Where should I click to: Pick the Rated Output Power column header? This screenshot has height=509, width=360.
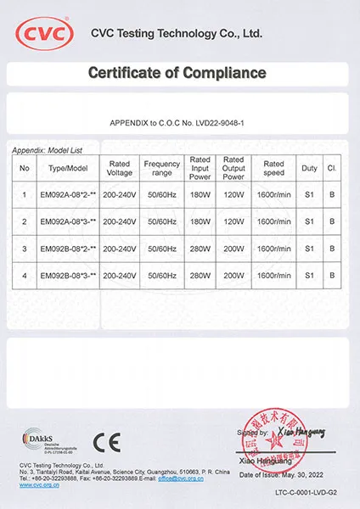(x=233, y=168)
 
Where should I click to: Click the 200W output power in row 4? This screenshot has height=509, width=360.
(x=233, y=276)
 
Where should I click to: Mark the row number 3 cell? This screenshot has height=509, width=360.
(x=25, y=249)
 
